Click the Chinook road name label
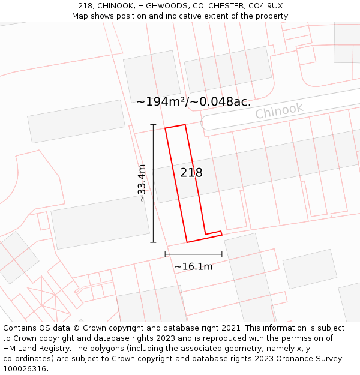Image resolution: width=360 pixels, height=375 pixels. coord(279,111)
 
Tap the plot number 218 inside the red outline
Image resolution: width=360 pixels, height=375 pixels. coord(191,173)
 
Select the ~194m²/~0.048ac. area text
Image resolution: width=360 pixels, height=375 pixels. coord(193,102)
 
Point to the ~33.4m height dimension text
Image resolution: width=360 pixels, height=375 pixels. coord(142,183)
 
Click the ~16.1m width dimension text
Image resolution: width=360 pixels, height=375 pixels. coord(193,266)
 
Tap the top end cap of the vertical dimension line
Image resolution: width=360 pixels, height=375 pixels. coord(153,125)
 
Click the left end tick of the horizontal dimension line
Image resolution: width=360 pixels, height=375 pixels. coord(166,254)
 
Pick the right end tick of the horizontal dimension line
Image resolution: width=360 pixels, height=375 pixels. coord(222,254)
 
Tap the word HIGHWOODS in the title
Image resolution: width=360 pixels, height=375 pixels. coord(152,6)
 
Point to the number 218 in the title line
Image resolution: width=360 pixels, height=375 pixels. coord(85,6)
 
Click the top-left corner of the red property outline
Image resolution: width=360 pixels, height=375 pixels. coord(166,128)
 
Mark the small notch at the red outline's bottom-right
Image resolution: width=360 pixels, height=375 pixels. coord(220,232)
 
